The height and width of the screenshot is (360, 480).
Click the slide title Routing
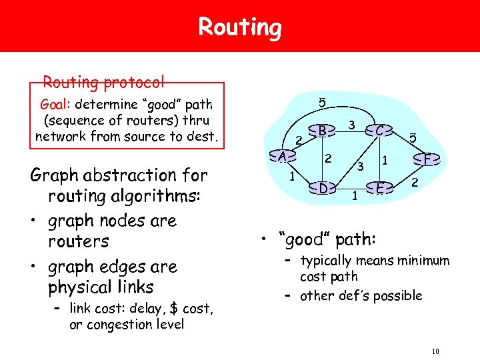coord(240,27)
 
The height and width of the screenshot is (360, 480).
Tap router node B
coord(322,131)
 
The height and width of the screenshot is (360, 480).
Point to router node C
coord(378,131)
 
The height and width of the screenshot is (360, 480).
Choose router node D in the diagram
coord(322,187)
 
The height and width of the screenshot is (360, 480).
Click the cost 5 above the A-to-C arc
coord(322,103)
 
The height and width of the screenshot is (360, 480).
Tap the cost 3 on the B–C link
coord(351,125)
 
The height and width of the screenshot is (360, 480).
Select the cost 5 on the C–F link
coord(413,138)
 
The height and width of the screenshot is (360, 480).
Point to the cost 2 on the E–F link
coord(415,182)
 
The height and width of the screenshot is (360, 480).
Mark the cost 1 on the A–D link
coord(292,177)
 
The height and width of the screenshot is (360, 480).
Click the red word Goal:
coord(56,105)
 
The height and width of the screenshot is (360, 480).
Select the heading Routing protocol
coord(103,83)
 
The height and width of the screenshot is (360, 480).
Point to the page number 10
coord(436,351)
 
